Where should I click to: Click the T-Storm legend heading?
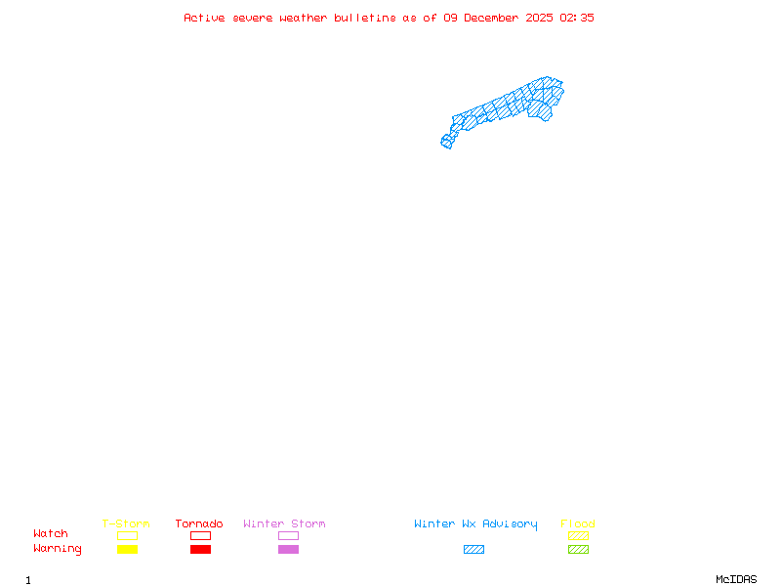126,524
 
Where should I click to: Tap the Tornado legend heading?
199,524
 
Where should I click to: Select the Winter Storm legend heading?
284,524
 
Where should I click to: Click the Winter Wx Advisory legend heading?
475,524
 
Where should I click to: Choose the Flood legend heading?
578,524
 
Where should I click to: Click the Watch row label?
51,534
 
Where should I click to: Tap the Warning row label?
58,549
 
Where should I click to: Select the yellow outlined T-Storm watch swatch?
127,535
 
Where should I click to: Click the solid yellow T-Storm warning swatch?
127,550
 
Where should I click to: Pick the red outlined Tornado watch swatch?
200,535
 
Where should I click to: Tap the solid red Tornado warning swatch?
200,550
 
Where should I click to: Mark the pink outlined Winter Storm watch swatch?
288,535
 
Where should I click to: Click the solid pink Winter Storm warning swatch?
288,550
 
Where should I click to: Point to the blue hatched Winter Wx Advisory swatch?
473,550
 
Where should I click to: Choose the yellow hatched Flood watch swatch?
578,535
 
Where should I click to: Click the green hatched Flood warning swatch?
578,550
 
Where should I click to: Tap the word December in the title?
493,18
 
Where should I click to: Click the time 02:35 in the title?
577,18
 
